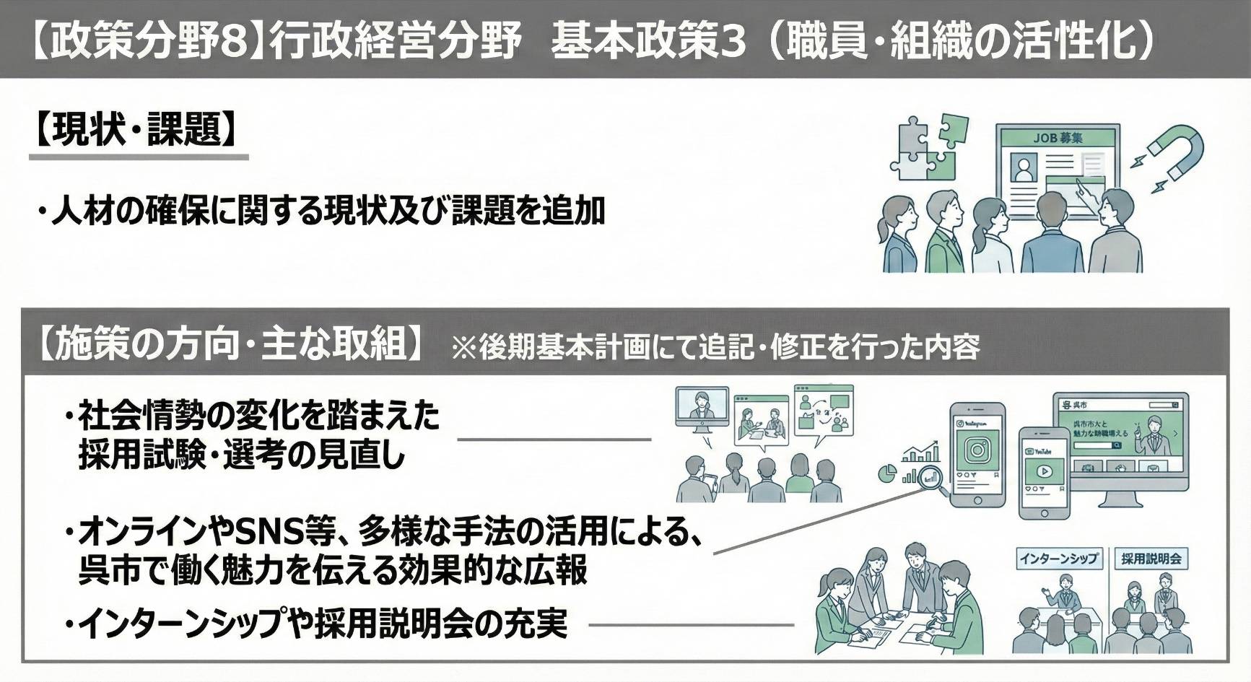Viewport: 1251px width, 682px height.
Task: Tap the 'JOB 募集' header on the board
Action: pos(1058,137)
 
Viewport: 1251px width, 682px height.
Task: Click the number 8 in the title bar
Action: pos(232,41)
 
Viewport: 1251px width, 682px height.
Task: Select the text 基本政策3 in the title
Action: pos(648,41)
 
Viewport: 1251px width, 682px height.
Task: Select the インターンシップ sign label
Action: pos(1058,559)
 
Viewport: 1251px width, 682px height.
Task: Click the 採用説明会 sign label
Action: pos(1151,559)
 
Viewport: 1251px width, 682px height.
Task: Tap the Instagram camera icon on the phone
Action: pos(978,450)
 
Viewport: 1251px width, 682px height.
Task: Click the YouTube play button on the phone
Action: pos(1043,472)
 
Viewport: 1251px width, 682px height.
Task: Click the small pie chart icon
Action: pos(887,473)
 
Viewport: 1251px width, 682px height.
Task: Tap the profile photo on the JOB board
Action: pos(1023,168)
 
